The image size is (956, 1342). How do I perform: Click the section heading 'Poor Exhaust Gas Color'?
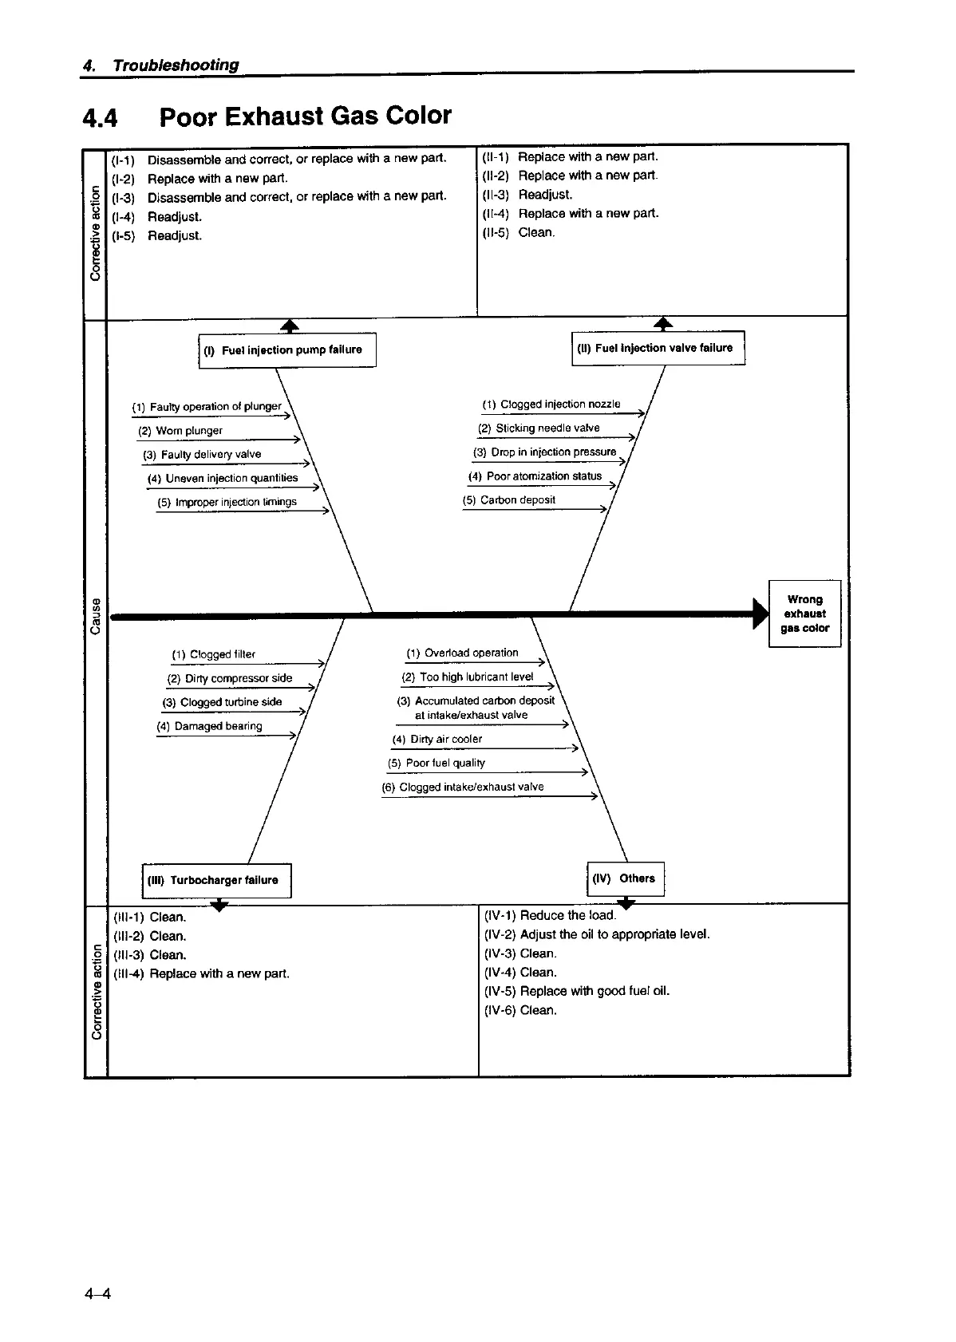pos(306,116)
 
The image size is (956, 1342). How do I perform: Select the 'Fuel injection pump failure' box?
pos(286,350)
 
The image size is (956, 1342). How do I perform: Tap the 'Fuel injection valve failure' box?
pos(658,348)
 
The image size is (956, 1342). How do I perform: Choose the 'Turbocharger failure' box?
pos(216,880)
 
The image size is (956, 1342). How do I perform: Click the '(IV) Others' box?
pos(625,878)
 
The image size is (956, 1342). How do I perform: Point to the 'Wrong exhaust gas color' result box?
pos(804,614)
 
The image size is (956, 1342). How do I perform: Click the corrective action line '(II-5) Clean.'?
pos(519,232)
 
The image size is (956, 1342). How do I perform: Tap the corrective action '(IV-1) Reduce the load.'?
pos(550,915)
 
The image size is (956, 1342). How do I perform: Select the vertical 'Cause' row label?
pos(95,616)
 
